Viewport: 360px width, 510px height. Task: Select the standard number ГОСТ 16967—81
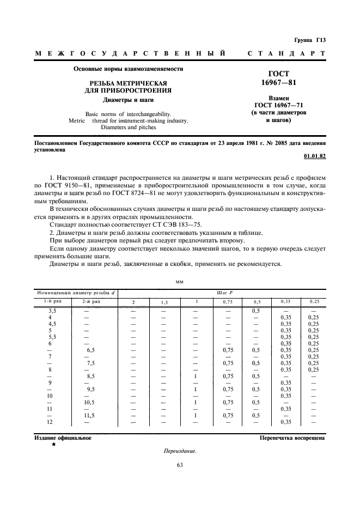(279, 78)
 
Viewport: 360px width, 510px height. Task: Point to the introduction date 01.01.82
(314, 157)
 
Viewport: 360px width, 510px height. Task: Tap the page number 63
(180, 465)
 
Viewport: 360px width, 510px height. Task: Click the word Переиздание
(179, 451)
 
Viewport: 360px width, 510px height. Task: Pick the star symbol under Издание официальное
(53, 445)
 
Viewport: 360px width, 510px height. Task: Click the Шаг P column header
(224, 293)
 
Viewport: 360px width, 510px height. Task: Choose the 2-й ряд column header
(90, 301)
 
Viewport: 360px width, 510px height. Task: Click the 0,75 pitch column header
(226, 302)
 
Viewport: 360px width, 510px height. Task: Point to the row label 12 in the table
(50, 422)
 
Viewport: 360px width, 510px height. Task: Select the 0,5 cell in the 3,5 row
(255, 311)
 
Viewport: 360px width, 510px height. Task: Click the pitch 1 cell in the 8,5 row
(194, 375)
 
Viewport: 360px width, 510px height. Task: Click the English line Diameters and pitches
(129, 127)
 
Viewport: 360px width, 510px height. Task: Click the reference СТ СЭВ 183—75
(179, 224)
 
